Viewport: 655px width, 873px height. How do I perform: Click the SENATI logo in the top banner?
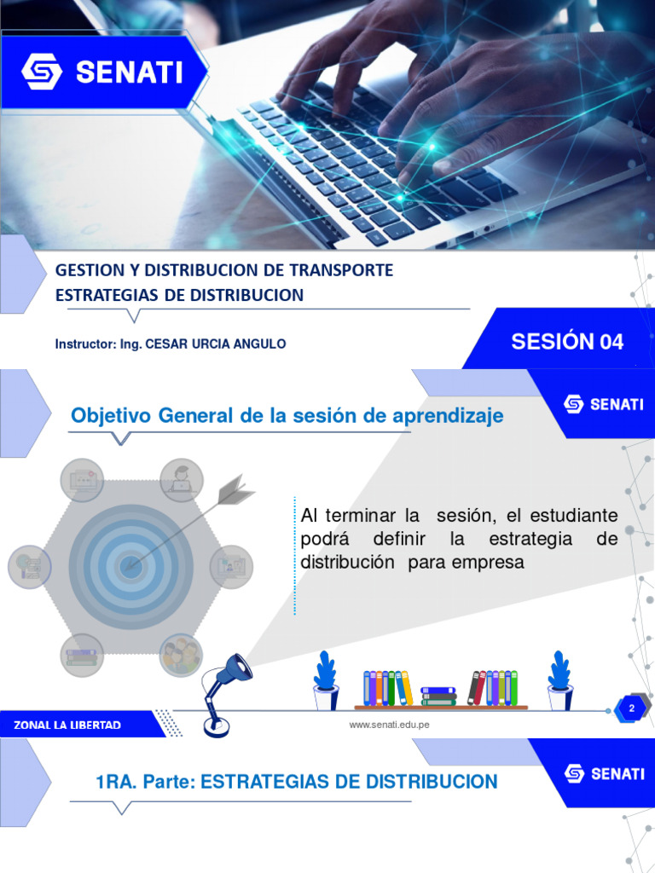click(102, 72)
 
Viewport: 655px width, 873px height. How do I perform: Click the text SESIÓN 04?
click(567, 342)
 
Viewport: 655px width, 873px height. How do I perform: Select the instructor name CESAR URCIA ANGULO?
click(216, 344)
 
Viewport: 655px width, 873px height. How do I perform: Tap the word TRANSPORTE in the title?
click(341, 270)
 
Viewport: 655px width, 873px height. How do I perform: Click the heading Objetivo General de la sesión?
click(287, 416)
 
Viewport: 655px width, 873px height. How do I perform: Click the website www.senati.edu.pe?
click(390, 725)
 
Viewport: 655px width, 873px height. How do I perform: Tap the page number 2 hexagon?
click(631, 709)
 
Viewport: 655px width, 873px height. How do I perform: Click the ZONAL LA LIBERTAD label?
click(67, 725)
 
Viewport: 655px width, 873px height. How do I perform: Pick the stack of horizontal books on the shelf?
click(438, 696)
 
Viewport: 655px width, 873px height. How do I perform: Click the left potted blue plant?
click(325, 680)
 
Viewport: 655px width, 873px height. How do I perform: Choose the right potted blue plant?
click(559, 680)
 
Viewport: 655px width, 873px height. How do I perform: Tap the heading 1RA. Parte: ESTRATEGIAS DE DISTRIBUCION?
click(296, 782)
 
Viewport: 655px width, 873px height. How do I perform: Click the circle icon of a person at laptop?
click(181, 480)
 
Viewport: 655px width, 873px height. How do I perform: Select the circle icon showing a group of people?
click(181, 655)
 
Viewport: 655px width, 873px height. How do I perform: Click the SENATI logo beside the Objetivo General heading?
click(604, 404)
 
